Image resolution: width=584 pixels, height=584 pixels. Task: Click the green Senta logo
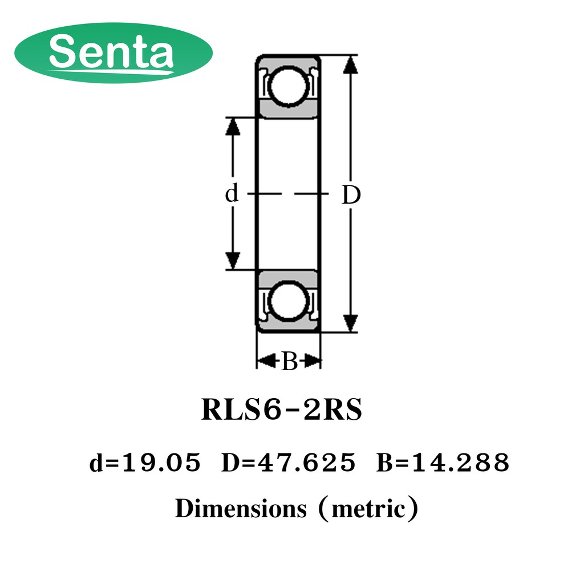113,52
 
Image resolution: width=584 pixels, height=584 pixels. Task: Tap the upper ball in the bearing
288,86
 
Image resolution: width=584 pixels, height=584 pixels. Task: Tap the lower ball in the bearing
288,301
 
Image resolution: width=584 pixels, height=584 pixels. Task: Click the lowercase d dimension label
232,193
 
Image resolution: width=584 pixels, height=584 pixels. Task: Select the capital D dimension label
351,195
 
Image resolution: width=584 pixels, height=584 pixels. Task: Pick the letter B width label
290,361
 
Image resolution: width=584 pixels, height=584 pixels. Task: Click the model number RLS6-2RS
282,409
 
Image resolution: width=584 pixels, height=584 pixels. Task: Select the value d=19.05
145,463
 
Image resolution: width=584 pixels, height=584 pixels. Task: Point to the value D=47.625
289,463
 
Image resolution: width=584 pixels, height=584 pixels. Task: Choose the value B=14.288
443,463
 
